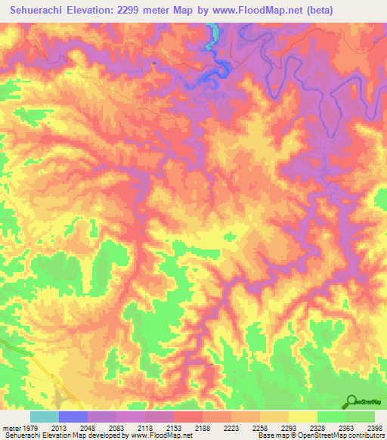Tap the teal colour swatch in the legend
coord(45,417)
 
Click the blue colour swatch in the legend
coord(73,417)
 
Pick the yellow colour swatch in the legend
coord(303,417)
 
